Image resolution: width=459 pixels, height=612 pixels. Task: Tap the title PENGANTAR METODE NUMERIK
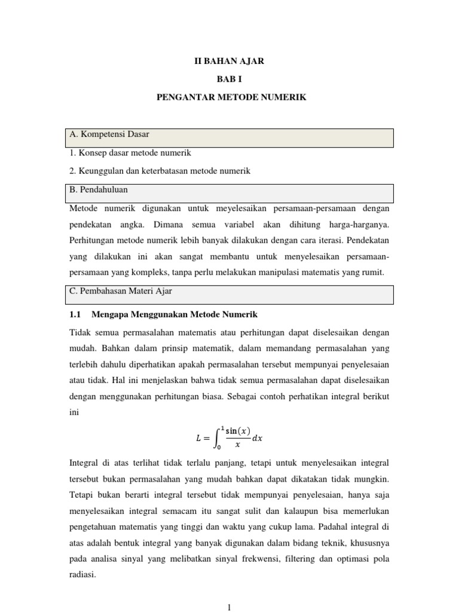[231, 96]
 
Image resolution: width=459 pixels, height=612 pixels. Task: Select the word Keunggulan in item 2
[99, 171]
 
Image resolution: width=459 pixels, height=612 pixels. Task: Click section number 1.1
[75, 314]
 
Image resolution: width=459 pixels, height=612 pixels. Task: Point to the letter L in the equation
[198, 438]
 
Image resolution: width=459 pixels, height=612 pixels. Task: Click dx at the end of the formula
[257, 438]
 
